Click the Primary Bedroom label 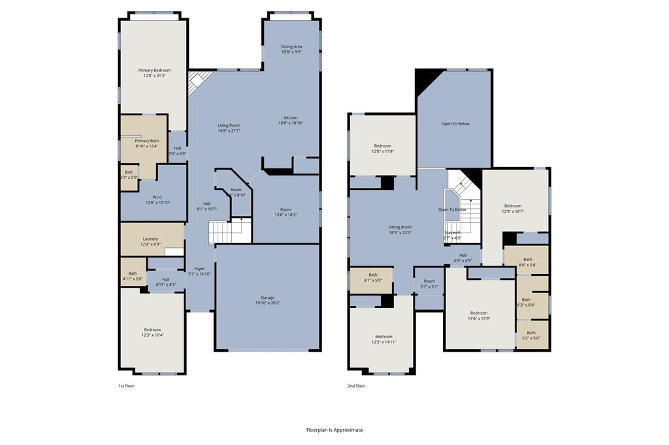154,72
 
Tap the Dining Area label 291,49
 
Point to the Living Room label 229,128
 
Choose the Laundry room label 150,241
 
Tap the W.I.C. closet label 157,200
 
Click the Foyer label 199,271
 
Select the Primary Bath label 146,144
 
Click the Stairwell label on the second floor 452,235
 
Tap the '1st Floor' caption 127,386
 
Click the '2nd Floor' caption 356,386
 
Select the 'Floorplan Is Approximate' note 334,430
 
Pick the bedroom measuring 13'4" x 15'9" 479,315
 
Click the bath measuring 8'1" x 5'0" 373,278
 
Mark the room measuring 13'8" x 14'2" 286,212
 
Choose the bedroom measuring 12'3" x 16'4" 152,332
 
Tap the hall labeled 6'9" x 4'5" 463,258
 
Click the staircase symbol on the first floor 229,231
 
